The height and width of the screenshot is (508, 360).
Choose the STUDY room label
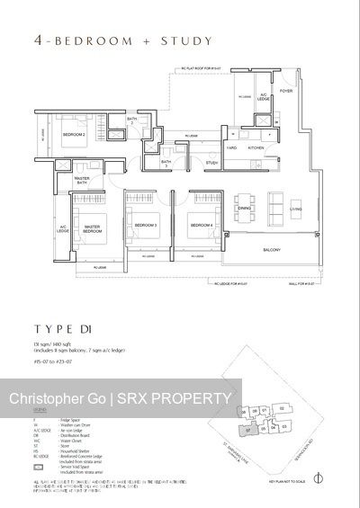212,163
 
